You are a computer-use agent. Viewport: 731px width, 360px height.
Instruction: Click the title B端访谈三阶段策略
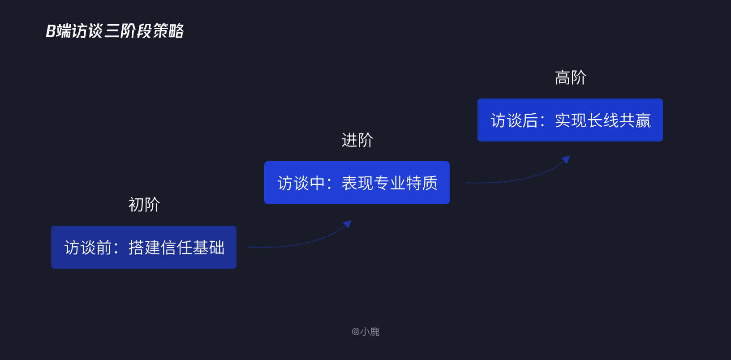point(115,31)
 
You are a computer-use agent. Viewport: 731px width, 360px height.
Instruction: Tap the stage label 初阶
point(144,205)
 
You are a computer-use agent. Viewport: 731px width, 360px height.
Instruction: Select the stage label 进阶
point(357,140)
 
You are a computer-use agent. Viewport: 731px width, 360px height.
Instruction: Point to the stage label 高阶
point(570,77)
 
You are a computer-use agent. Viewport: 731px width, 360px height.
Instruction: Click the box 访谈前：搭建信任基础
point(143,247)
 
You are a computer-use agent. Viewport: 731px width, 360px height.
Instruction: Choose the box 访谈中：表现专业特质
point(357,183)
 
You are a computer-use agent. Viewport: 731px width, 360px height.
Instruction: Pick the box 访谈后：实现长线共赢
point(570,120)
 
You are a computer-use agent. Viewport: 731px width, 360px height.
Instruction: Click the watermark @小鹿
point(365,331)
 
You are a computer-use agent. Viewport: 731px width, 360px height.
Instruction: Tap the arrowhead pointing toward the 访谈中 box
point(347,224)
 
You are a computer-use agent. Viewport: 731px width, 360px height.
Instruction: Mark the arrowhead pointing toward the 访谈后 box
point(566,159)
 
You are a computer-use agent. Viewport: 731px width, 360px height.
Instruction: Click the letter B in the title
point(51,31)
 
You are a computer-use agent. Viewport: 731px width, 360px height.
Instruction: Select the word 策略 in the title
point(168,31)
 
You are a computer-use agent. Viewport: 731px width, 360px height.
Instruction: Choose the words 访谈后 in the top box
point(514,120)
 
